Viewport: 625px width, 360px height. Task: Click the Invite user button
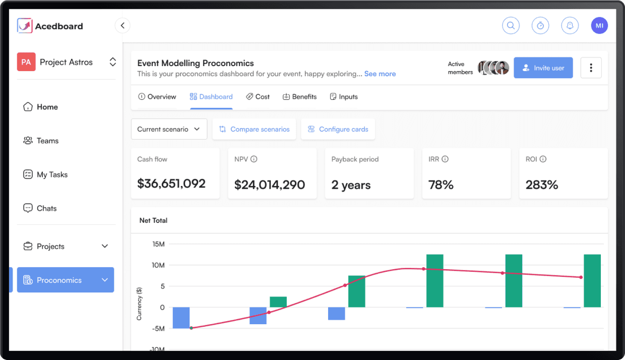pos(543,68)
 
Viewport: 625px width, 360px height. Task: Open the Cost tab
pos(258,97)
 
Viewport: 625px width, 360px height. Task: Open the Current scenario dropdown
pos(169,129)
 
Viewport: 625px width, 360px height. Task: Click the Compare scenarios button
pos(255,129)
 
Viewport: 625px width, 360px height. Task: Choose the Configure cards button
pos(338,129)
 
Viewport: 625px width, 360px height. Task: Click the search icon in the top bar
pos(511,26)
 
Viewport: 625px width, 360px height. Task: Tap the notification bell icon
pos(570,26)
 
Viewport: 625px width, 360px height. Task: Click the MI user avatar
pos(599,26)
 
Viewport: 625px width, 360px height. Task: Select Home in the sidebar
pos(47,107)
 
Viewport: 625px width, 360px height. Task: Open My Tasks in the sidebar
pos(51,174)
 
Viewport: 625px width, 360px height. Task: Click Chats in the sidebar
pos(46,208)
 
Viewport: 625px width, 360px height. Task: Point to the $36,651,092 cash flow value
pos(171,184)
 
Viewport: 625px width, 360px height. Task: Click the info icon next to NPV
pos(254,159)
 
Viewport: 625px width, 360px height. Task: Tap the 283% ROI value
pos(542,185)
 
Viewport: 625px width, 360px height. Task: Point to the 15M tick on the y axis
pos(158,244)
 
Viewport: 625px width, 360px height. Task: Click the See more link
pos(380,74)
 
